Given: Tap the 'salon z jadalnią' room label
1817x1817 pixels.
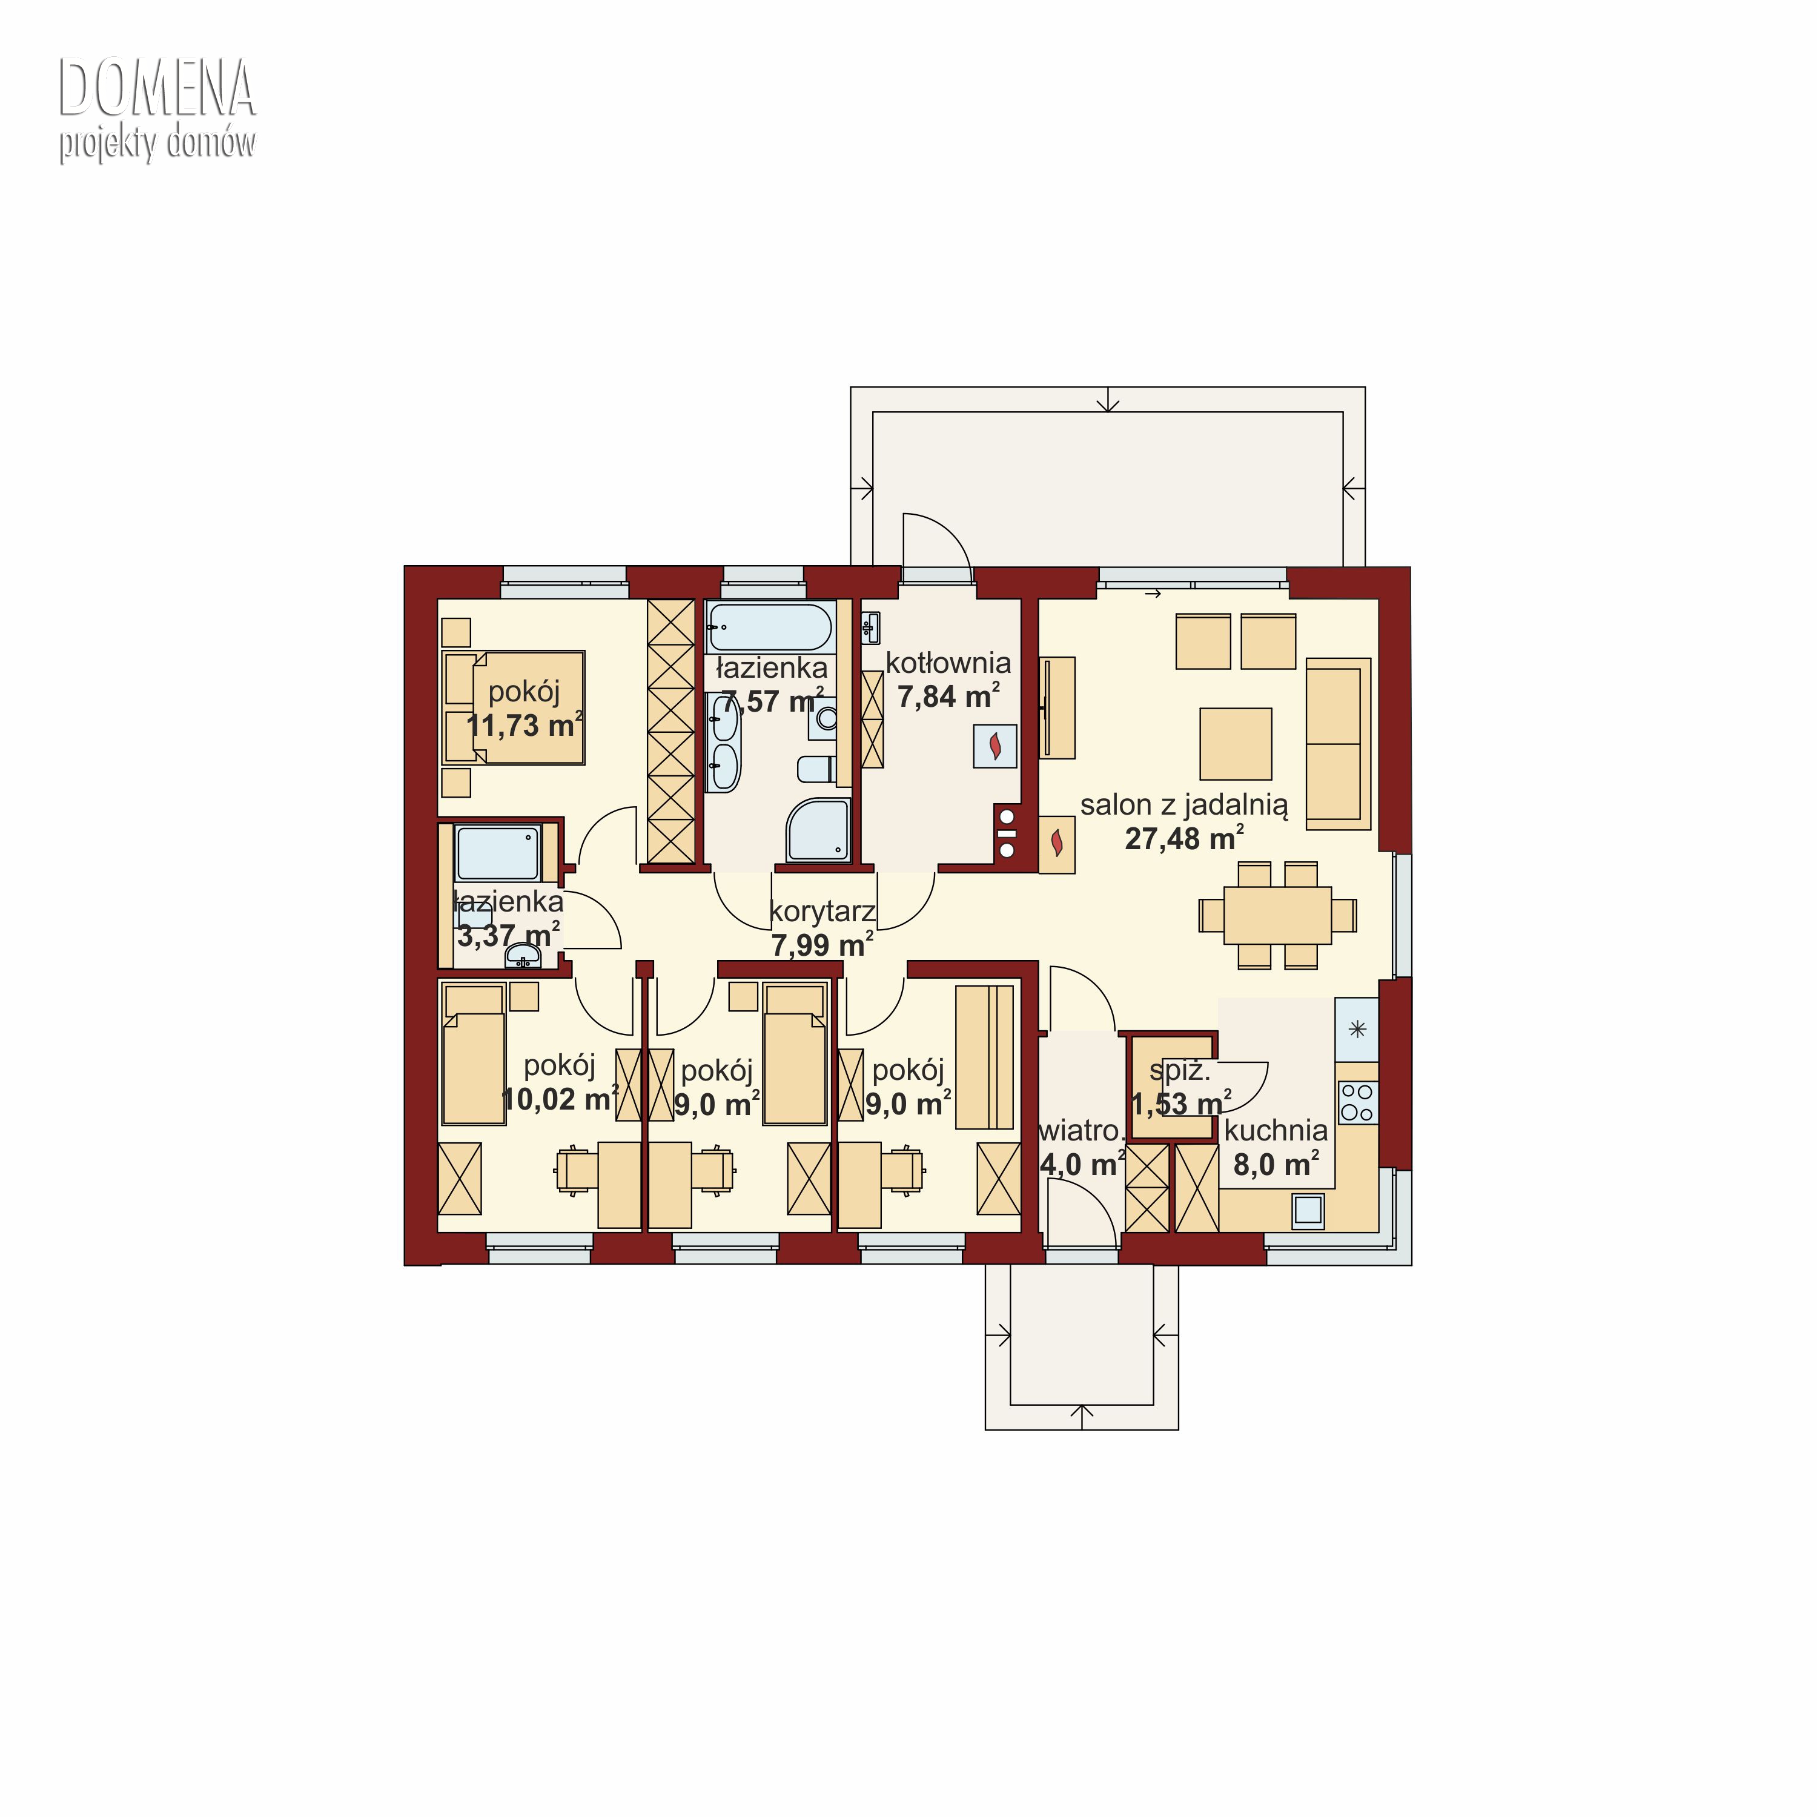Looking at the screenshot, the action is tap(1184, 805).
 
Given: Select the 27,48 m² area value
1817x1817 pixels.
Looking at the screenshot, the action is tap(1184, 838).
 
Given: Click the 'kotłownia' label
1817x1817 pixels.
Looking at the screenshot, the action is tap(948, 663).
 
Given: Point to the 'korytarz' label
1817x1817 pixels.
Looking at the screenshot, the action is tap(822, 912).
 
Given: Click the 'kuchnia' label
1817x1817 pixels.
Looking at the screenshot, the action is tap(1276, 1130).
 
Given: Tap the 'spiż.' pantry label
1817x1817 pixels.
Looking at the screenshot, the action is tap(1179, 1071).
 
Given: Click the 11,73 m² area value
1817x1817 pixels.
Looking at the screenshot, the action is tap(525, 725).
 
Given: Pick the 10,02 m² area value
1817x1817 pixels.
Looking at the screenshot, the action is tap(560, 1099).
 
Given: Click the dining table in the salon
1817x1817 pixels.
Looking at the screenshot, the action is tap(1277, 915).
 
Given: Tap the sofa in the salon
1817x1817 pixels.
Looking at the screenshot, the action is tap(1337, 743).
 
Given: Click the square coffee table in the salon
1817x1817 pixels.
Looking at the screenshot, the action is tap(1236, 744).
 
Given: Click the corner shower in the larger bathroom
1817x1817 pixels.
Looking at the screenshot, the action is tap(818, 830).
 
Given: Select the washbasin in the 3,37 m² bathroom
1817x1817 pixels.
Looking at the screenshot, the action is tap(523, 956).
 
